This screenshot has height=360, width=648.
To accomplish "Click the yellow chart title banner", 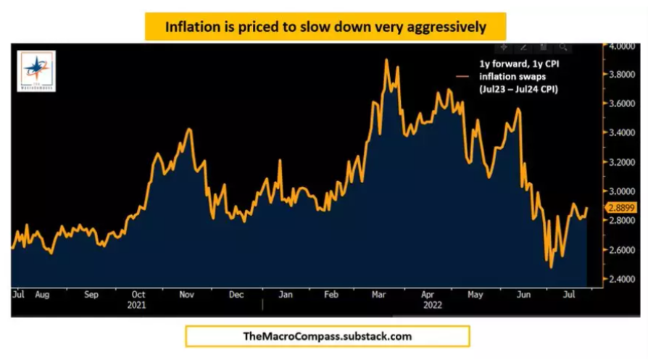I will coord(324,27).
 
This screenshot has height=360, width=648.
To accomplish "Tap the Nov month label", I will coord(186,296).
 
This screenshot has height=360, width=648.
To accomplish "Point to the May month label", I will coord(475,296).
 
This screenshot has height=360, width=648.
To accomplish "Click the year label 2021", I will coord(138,306).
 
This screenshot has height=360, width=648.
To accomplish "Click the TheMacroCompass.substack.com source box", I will coord(327,336).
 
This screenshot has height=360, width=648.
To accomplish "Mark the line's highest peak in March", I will coord(386,59).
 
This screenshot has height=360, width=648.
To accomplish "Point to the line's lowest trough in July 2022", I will coord(552,268).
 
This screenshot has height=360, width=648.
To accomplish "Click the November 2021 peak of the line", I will coord(189,129).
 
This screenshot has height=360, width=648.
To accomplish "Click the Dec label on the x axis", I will coord(236,296).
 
